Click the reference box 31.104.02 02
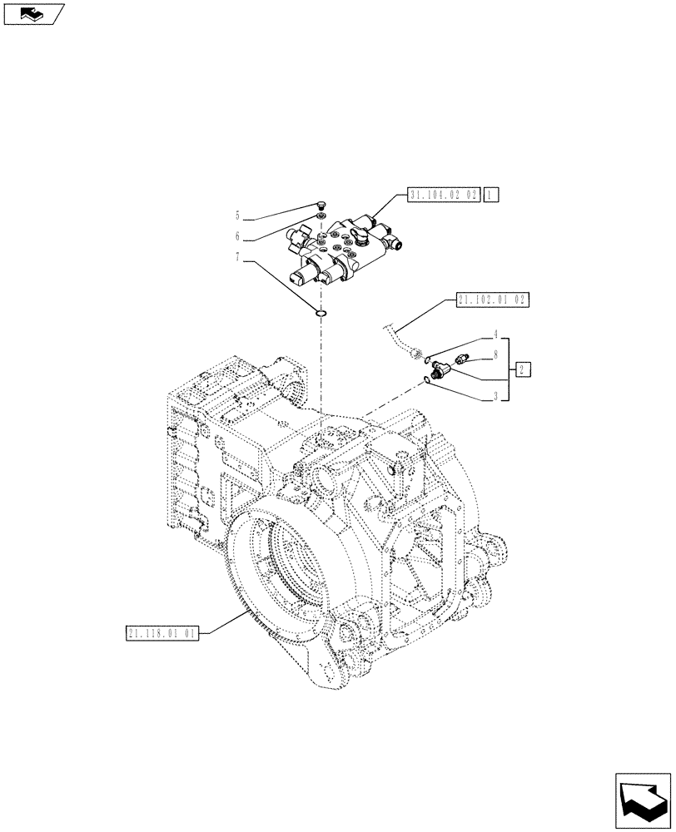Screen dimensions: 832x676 pos(444,196)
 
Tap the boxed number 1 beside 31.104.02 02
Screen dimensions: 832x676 pos(491,196)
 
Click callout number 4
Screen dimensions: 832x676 pos(495,335)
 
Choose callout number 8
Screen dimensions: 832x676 pos(495,354)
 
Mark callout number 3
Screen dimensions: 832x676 pos(495,398)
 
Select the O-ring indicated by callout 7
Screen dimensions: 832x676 pos(321,314)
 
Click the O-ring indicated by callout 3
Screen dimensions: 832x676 pos(427,379)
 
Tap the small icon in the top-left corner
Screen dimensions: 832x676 pos(32,13)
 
